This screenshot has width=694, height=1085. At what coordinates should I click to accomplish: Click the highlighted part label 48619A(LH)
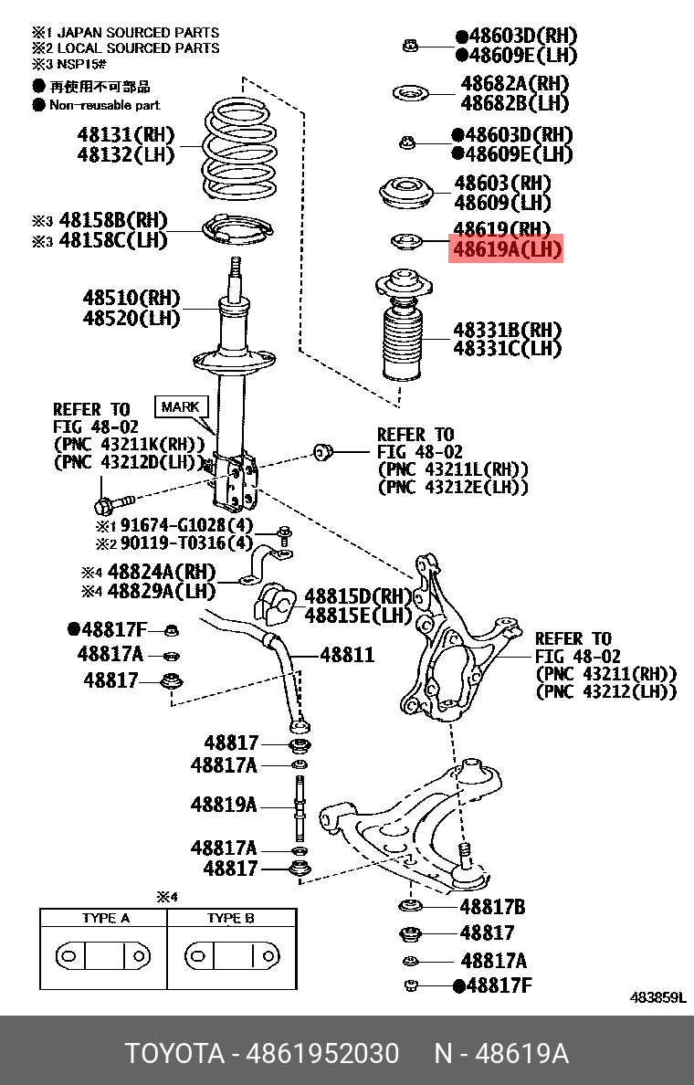pyautogui.click(x=505, y=249)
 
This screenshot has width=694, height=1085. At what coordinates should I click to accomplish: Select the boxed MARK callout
pyautogui.click(x=181, y=406)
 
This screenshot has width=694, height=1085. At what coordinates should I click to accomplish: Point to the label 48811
pyautogui.click(x=346, y=655)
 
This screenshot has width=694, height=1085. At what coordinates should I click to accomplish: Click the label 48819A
pyautogui.click(x=224, y=805)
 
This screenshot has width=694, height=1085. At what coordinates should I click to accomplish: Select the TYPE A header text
pyautogui.click(x=104, y=918)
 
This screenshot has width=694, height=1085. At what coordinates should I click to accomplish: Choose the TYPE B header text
pyautogui.click(x=231, y=918)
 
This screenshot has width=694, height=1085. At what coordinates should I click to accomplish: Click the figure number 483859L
pyautogui.click(x=657, y=997)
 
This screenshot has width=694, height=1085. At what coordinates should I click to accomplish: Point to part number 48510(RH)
pyautogui.click(x=131, y=298)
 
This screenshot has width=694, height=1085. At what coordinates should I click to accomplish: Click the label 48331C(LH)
pyautogui.click(x=508, y=348)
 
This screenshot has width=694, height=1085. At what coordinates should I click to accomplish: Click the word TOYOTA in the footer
pyautogui.click(x=174, y=1053)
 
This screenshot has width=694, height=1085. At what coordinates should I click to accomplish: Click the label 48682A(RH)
pyautogui.click(x=514, y=84)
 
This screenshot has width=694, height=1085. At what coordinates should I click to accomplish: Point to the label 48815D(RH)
pyautogui.click(x=359, y=595)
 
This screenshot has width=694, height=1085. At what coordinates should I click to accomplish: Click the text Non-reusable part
pyautogui.click(x=104, y=105)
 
